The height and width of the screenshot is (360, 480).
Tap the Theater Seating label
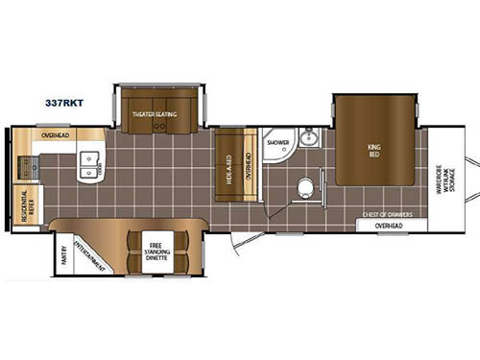tap(156, 114)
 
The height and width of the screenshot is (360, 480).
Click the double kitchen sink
tap(92, 163)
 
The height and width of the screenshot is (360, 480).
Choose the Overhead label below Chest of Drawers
tap(388, 226)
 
